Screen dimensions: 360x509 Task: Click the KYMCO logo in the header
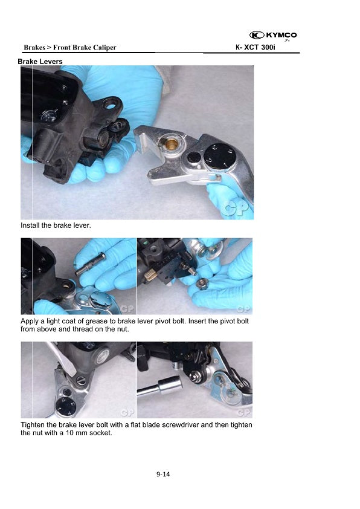[273, 35]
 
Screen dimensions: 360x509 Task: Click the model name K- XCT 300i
[256, 47]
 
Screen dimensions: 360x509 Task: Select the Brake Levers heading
[40, 61]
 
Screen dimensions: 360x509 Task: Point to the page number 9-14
[163, 475]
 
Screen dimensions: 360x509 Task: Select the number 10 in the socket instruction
[69, 433]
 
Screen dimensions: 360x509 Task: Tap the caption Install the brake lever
[56, 225]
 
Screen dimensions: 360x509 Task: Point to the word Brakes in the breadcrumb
[34, 47]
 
